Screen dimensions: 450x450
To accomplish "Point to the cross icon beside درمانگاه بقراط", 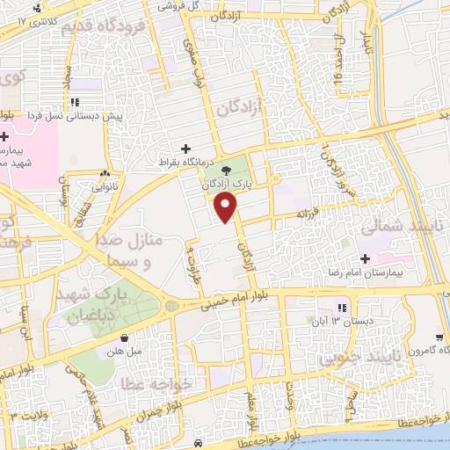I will pos(185,149).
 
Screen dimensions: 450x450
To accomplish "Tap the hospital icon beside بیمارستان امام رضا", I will pos(365,258).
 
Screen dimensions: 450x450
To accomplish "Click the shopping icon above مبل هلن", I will pos(124,337).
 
